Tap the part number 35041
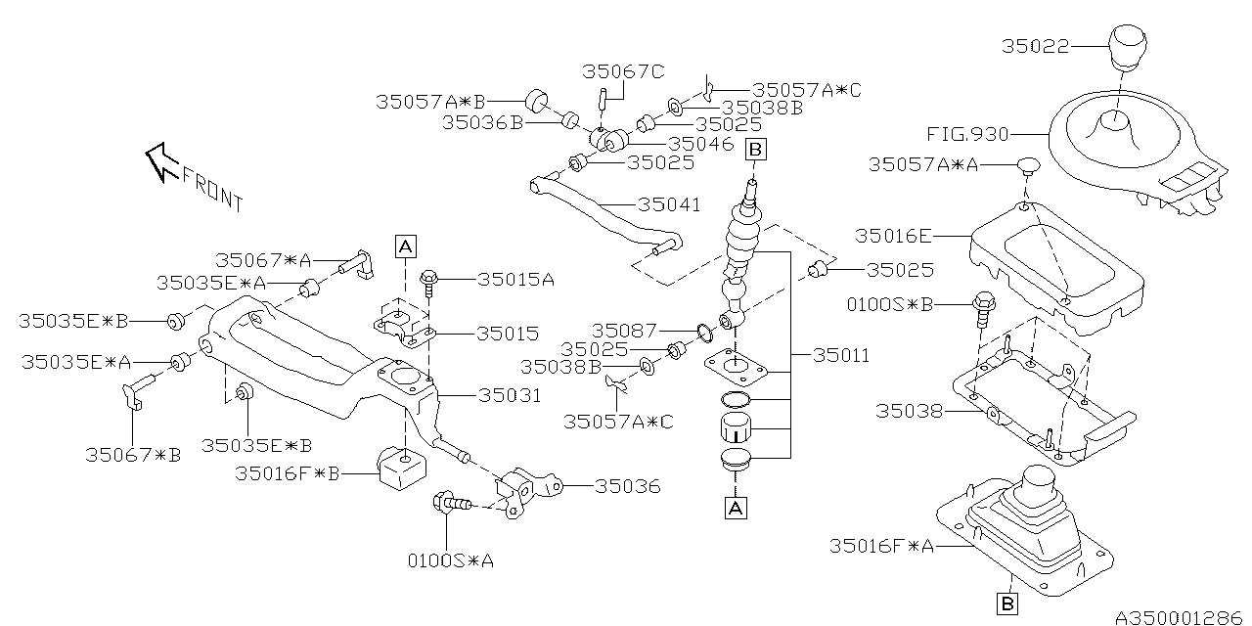pos(669,205)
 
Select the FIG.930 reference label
pos(967,135)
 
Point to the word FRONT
pos(213,190)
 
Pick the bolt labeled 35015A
pos(429,284)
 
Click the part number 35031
pos(510,396)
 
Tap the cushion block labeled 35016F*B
pos(402,468)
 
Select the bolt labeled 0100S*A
pos(452,503)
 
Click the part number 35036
pos(627,486)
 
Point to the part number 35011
pos(840,355)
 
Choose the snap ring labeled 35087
pos(705,332)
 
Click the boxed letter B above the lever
pos(755,150)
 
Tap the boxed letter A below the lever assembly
pos(736,509)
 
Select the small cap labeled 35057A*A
pos(1028,165)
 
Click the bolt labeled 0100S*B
pos(984,309)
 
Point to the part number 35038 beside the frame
pos(909,412)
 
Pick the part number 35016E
pos(893,236)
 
